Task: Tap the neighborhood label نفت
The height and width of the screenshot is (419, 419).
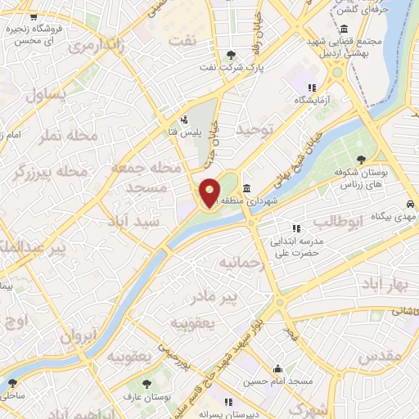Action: pos(182,39)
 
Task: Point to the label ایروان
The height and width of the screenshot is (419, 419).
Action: pos(79,335)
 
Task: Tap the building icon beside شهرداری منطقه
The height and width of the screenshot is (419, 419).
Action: pos(247,189)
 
